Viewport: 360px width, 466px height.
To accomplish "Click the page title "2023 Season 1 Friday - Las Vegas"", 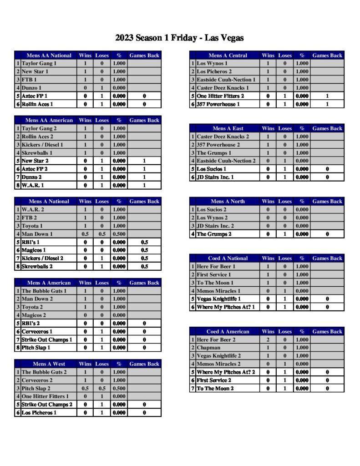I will (179, 38).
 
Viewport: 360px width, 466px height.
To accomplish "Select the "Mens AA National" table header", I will (49, 56).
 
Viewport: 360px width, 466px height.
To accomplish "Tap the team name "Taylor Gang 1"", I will (39, 64).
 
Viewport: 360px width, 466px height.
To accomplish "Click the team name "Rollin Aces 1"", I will (37, 104).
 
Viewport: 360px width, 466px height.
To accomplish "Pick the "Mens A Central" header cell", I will (228, 56).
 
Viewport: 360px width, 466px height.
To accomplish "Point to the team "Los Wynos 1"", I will (212, 64).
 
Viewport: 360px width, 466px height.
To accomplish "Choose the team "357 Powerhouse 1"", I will (218, 104).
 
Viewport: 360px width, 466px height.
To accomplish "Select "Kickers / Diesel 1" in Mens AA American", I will (42, 145).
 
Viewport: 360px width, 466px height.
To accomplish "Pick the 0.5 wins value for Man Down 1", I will (85, 234).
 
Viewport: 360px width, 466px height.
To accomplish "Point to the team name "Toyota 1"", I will (32, 226).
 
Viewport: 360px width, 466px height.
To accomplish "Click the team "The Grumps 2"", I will (214, 234).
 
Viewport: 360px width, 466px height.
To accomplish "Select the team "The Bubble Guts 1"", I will (44, 291).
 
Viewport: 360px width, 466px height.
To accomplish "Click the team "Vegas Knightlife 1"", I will (219, 299).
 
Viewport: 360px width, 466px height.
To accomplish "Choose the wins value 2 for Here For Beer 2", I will (268, 339).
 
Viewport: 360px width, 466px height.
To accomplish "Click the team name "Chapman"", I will (208, 348).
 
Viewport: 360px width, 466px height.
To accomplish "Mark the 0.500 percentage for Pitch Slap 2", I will (119, 389).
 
